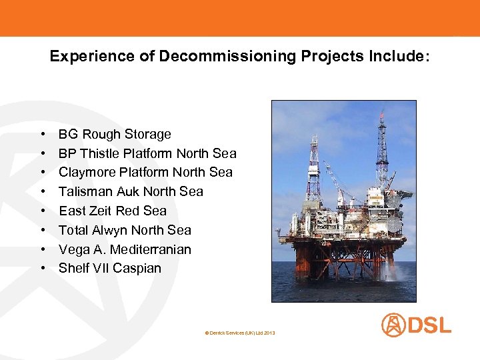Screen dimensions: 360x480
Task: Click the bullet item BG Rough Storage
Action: (115, 134)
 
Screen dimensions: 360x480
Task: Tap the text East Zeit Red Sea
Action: (113, 211)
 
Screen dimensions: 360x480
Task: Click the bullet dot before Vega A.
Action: (43, 249)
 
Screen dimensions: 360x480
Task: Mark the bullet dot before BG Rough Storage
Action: (43, 134)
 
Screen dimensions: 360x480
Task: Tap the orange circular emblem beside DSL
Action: (393, 325)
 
